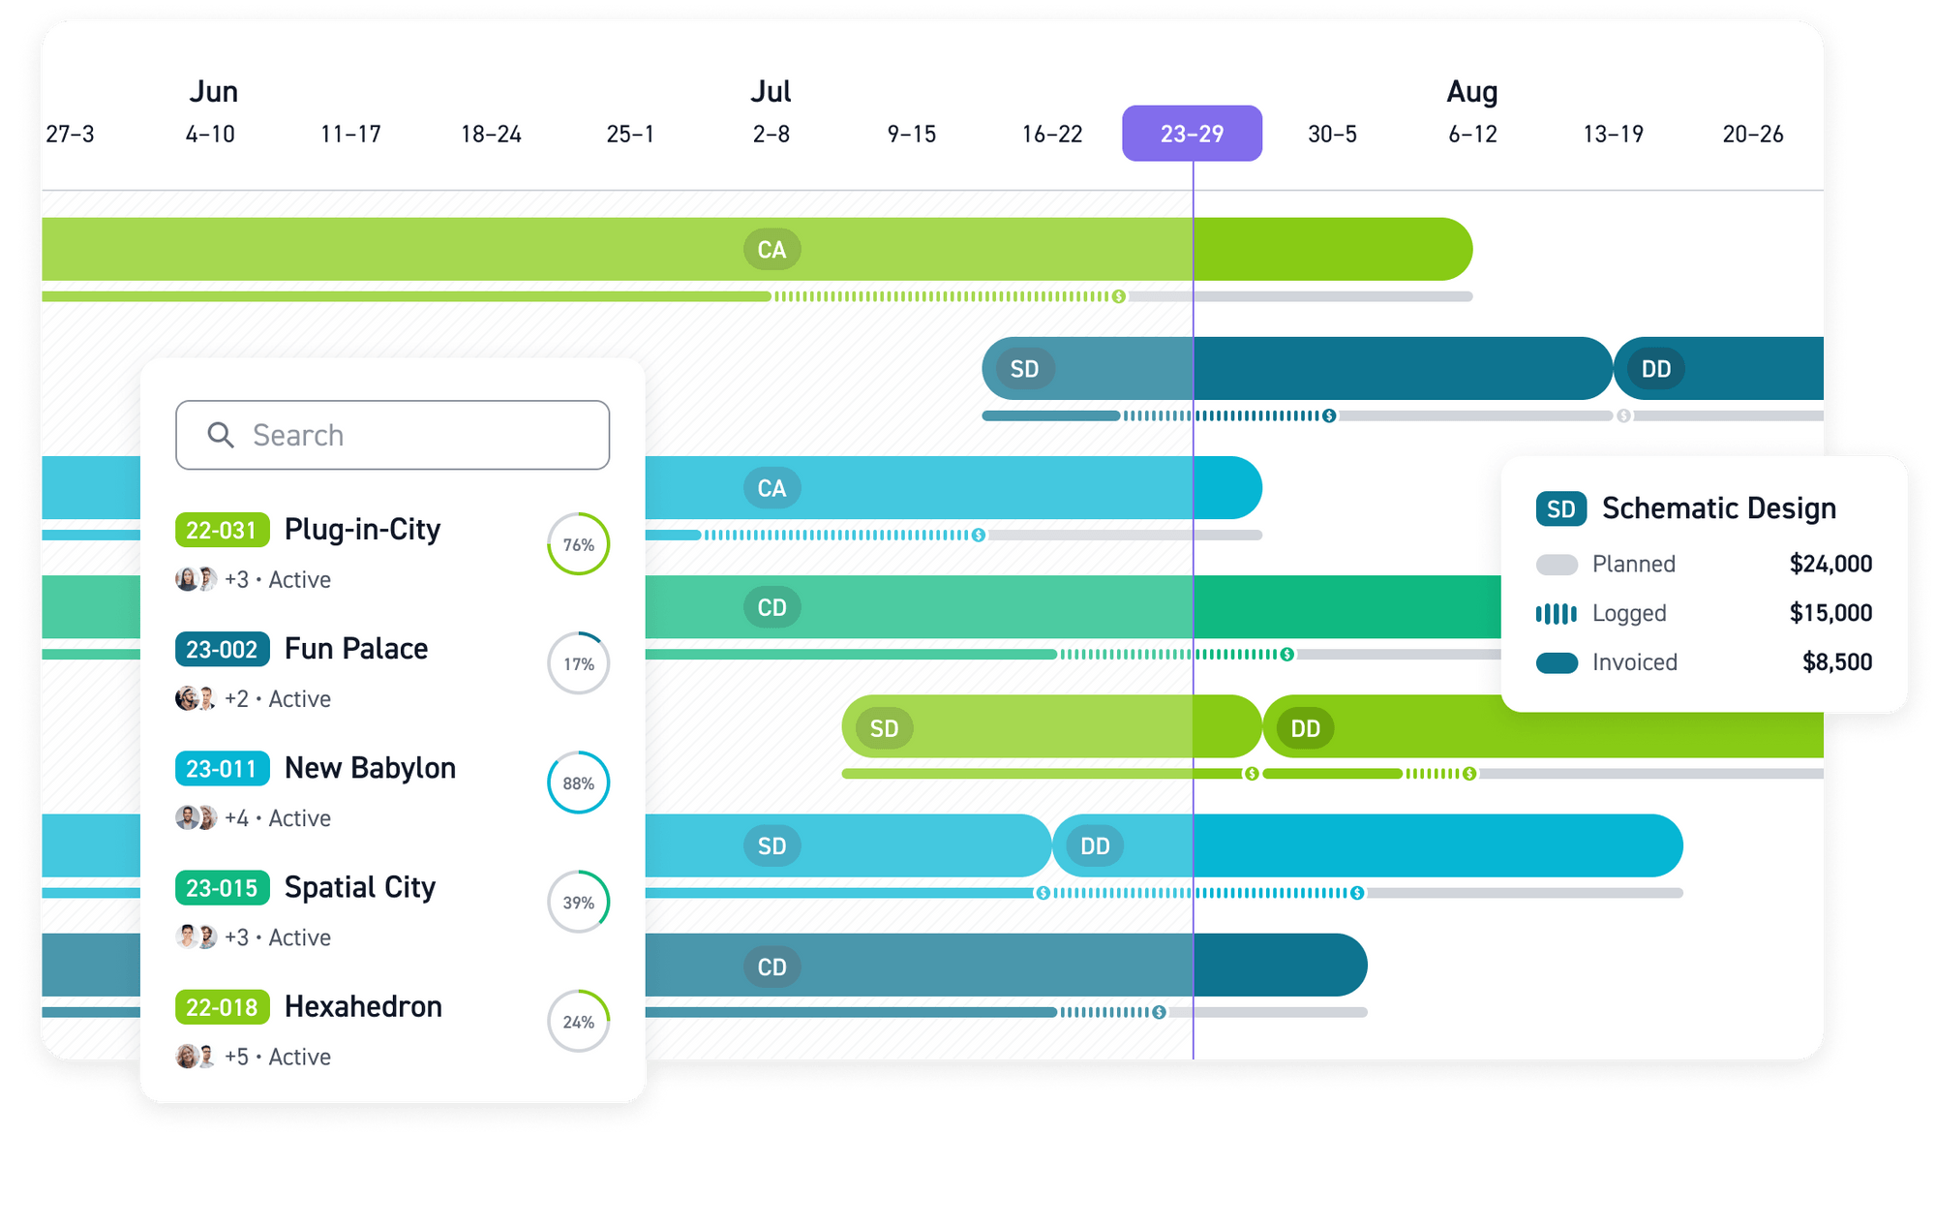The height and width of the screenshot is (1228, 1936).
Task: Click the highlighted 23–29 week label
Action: point(1192,134)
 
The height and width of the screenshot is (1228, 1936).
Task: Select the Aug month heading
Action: point(1471,92)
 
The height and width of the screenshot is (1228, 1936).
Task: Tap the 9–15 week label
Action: point(912,134)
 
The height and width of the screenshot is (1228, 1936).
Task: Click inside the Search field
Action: point(407,435)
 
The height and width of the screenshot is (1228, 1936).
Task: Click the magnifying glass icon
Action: point(221,435)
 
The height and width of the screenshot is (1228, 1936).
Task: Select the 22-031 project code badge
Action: point(222,530)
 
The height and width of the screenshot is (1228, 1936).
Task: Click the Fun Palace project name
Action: point(356,649)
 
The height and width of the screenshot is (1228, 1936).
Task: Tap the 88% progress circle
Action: point(579,783)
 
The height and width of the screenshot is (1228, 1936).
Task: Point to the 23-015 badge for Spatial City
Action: point(222,888)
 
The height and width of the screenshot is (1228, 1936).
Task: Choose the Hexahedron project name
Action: point(363,1007)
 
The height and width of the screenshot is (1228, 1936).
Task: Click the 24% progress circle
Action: point(579,1022)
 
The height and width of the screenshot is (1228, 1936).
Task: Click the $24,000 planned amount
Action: point(1830,564)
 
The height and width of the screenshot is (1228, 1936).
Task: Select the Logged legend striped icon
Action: point(1557,613)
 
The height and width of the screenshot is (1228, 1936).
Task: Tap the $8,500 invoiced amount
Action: point(1836,662)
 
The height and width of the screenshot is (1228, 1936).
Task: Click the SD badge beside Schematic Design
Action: point(1560,509)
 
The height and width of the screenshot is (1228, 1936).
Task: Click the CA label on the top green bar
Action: point(771,250)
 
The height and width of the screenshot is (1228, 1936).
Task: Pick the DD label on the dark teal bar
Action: point(1656,369)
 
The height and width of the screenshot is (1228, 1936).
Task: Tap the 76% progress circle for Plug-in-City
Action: point(579,544)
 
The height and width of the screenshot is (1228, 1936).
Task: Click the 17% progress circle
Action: point(579,663)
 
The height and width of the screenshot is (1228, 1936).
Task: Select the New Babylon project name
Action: point(370,768)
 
